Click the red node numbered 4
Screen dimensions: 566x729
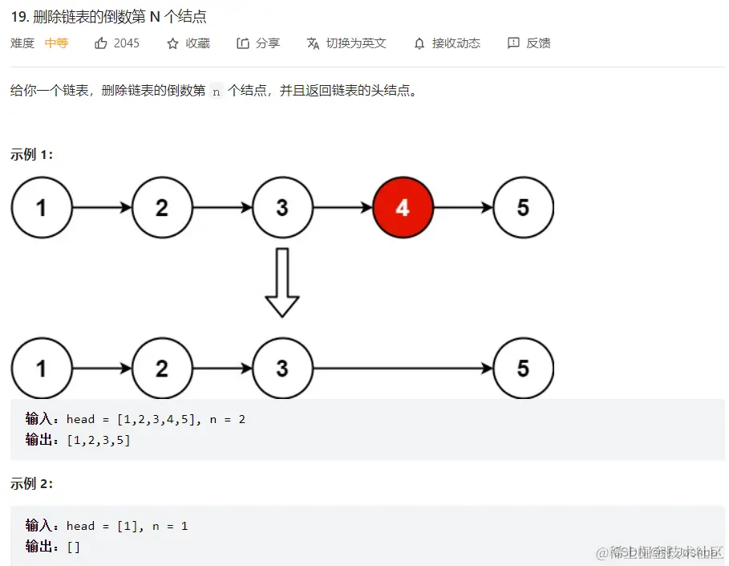pos(403,208)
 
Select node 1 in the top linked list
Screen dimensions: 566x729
pos(42,208)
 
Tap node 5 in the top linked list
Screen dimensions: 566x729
pos(523,208)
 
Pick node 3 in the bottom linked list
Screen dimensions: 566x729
pos(282,369)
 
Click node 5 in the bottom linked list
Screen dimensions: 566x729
pos(523,369)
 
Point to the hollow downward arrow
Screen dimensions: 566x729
pos(282,282)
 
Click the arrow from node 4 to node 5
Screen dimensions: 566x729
pos(463,208)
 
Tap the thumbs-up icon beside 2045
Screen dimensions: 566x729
pos(101,43)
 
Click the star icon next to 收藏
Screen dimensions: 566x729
pos(172,43)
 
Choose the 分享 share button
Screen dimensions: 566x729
pos(258,43)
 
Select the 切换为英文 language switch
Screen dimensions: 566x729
pos(346,43)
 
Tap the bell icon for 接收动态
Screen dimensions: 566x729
pos(419,43)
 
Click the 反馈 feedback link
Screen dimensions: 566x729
pos(529,43)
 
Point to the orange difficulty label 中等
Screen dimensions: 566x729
pos(56,43)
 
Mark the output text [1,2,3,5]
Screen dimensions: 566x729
pos(99,440)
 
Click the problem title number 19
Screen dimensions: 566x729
pos(18,17)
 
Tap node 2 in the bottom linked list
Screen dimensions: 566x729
pos(162,369)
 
